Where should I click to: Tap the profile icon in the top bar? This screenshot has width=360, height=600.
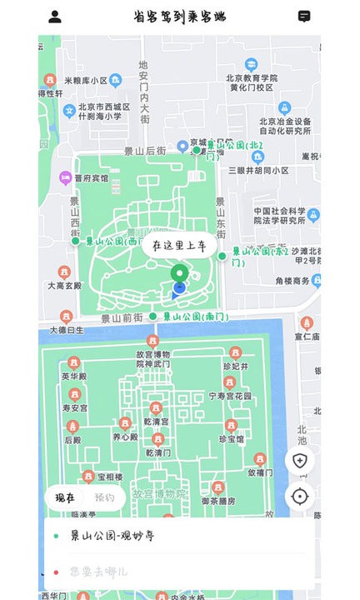click(x=55, y=17)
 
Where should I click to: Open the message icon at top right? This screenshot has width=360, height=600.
click(x=305, y=17)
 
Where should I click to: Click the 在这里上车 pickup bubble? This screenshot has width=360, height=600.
click(x=179, y=246)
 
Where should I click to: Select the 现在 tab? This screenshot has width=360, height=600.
click(x=65, y=497)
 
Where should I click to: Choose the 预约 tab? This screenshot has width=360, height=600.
click(x=105, y=497)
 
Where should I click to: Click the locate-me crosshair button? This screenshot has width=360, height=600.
click(x=300, y=497)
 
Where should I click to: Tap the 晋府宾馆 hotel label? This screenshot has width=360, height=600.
click(x=90, y=177)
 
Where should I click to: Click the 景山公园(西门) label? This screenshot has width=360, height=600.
click(x=116, y=242)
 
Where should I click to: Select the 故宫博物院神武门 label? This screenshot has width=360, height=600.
click(x=152, y=358)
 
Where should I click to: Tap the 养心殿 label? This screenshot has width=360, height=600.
click(x=125, y=436)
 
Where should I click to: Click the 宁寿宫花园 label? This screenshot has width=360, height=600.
click(x=229, y=396)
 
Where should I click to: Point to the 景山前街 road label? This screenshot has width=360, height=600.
click(x=123, y=317)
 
